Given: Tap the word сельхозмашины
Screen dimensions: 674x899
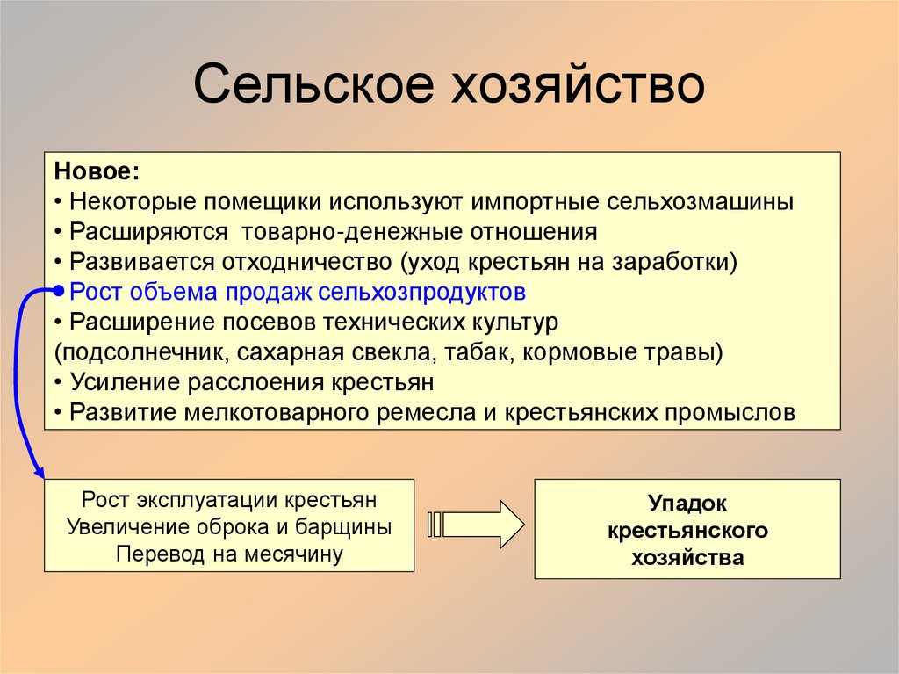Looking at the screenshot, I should (700, 201).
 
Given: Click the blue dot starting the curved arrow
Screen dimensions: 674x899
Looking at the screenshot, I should (58, 291).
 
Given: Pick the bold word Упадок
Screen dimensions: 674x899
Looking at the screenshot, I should (687, 504).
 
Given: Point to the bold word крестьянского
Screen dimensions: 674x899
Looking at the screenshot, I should (687, 531).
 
